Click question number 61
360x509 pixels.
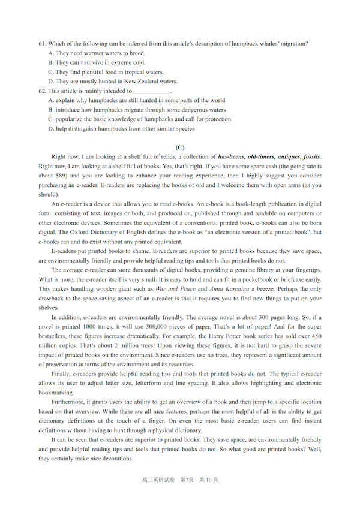(42, 44)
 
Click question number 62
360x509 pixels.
(42, 91)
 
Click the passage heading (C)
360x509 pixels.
(179, 147)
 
